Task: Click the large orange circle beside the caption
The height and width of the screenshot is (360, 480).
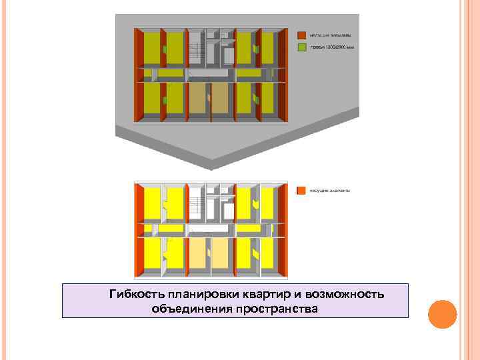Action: pos(441,313)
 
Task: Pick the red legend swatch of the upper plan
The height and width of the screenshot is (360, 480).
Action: pos(301,35)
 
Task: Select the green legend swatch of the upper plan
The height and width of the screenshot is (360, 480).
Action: pos(301,47)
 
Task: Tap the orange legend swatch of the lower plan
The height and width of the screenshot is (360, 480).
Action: pos(301,190)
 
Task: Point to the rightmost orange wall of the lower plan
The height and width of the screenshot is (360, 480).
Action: pos(283,230)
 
